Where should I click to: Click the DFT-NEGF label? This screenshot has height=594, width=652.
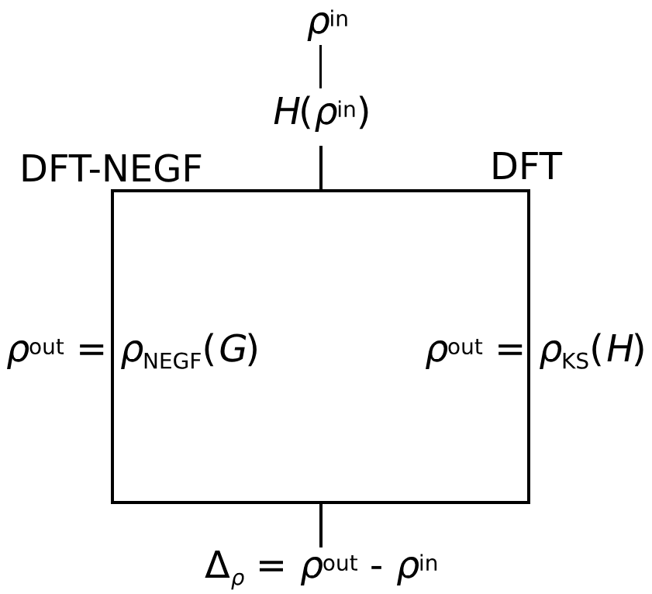111,170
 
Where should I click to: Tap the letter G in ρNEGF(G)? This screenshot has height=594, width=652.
234,351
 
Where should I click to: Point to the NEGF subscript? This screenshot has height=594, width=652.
172,361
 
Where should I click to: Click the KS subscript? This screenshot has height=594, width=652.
575,361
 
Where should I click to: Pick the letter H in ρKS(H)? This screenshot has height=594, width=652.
620,351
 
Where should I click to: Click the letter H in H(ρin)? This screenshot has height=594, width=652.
286,112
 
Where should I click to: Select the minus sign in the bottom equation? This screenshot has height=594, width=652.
376,570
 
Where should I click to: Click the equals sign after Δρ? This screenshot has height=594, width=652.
271,567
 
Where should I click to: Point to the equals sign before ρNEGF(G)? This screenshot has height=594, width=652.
91,351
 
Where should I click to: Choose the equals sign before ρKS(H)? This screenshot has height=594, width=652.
510,351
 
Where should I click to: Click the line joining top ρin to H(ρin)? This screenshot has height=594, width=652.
320,67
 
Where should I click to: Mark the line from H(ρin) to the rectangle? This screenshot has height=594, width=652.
320,167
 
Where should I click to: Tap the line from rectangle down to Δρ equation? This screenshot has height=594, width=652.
320,524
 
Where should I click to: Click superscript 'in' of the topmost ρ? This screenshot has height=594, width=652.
337,19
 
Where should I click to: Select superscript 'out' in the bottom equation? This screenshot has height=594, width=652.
340,563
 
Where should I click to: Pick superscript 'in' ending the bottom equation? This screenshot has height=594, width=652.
427,563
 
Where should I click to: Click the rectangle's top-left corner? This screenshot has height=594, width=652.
113,192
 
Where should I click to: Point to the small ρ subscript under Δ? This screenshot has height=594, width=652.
237,579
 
